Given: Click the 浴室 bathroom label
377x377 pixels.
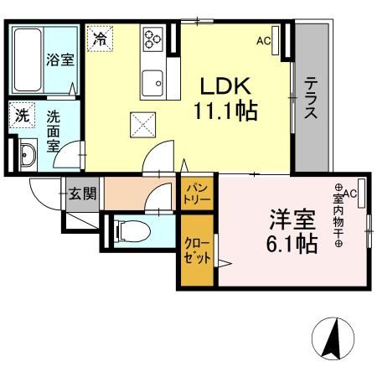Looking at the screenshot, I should point(59,60).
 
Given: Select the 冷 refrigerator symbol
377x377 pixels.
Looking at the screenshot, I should point(100,38).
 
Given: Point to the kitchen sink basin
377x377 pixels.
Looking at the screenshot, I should point(152,82).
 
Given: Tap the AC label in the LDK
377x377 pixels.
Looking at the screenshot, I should point(263,40).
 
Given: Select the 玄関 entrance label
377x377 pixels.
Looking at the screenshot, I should point(82,194).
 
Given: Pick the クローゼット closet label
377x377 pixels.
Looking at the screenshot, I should point(198,250).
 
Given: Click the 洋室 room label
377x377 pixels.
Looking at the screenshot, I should point(292,219).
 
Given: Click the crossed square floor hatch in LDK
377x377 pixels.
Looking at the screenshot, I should point(141,127).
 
